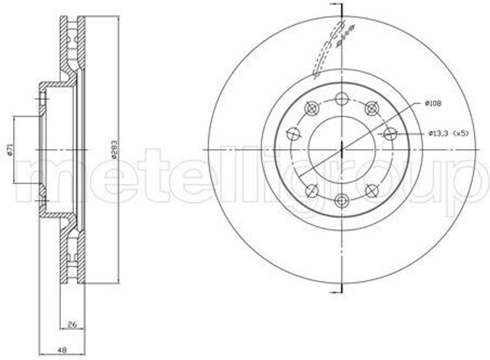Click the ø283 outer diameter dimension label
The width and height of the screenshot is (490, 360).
point(114,150)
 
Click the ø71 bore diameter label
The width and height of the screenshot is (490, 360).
point(10,150)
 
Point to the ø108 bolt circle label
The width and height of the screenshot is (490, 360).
point(433,104)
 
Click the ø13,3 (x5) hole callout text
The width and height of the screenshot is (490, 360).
point(449,133)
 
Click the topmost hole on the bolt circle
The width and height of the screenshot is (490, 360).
point(342,99)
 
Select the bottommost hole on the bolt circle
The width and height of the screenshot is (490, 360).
point(342,200)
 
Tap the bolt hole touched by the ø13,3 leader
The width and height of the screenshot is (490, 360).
point(390,134)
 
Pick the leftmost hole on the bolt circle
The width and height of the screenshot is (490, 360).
point(293,134)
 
